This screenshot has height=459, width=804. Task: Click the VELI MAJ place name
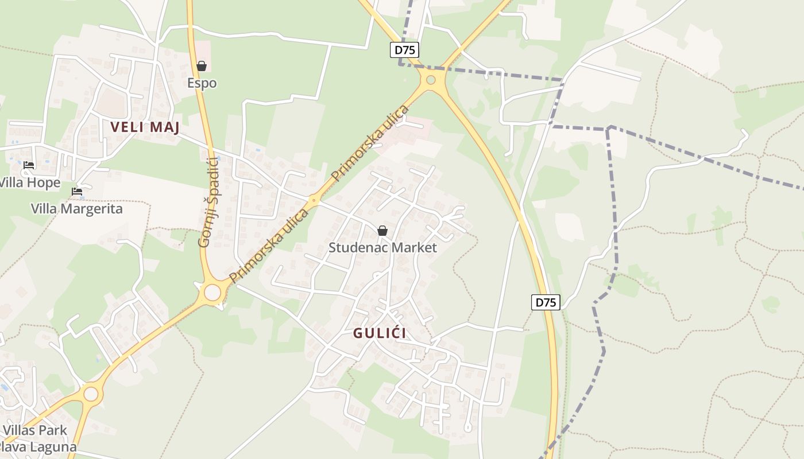tap(145, 127)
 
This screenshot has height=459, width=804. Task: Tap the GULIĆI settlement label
tap(380, 333)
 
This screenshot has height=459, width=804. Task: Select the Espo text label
tap(202, 83)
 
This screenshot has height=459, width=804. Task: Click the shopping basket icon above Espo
tap(202, 66)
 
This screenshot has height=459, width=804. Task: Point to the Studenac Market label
tap(382, 248)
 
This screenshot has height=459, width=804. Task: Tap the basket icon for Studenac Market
tap(382, 231)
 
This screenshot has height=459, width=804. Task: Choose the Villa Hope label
tap(30, 182)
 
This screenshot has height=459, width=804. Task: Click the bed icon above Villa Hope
tap(29, 165)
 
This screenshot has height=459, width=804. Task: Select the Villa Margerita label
tap(77, 208)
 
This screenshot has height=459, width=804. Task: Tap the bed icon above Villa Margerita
tap(77, 192)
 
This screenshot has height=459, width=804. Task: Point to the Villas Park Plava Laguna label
tap(38, 438)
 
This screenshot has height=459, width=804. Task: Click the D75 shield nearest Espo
tap(405, 50)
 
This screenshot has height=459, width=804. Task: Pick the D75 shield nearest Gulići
tap(545, 302)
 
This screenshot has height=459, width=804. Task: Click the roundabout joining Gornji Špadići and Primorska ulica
tap(212, 293)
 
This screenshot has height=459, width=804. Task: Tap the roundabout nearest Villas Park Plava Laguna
tap(91, 394)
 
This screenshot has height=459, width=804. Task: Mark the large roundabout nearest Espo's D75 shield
tap(430, 80)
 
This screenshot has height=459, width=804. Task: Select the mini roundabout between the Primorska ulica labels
tap(314, 201)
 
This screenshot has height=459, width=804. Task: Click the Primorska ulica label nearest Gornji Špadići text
tap(269, 246)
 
